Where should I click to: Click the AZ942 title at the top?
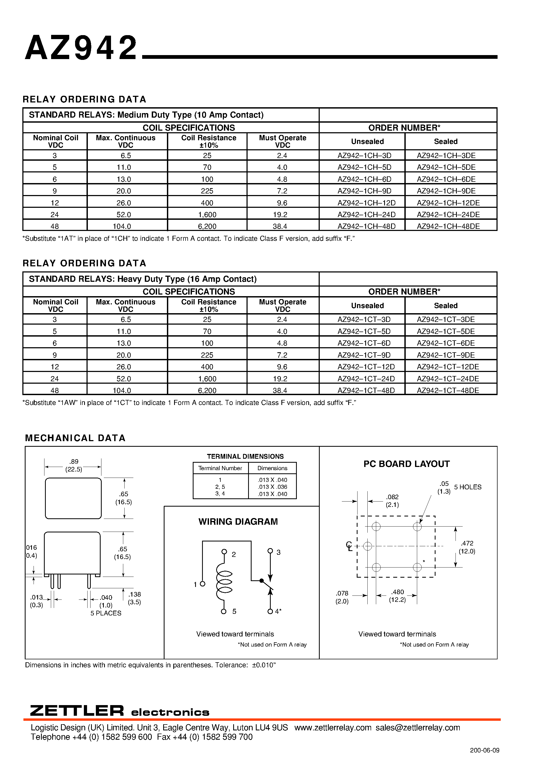pyautogui.click(x=81, y=48)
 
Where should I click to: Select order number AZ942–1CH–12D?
pyautogui.click(x=366, y=203)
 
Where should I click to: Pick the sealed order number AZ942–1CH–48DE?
pyautogui.click(x=448, y=226)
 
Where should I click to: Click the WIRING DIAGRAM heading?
pyautogui.click(x=238, y=522)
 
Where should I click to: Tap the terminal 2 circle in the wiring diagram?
pyautogui.click(x=224, y=552)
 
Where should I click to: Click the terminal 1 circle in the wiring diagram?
pyautogui.click(x=202, y=584)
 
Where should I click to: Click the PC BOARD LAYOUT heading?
pyautogui.click(x=406, y=464)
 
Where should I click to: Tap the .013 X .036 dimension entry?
pyautogui.click(x=272, y=487)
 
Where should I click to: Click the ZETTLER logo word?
pyautogui.click(x=77, y=711)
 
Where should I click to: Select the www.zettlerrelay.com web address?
pyautogui.click(x=333, y=727)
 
